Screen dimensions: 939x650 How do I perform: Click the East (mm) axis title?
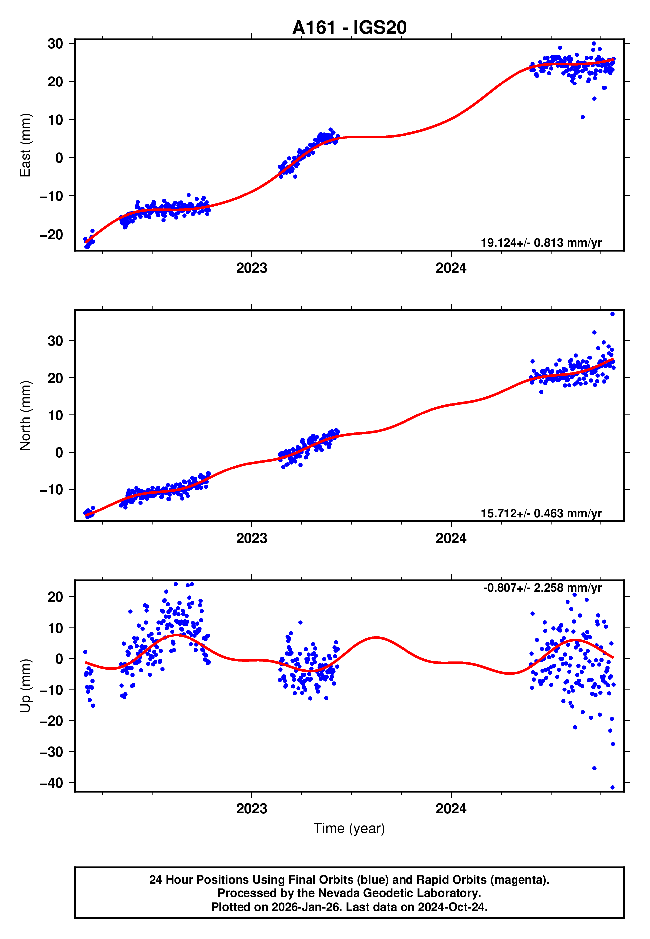click(x=25, y=145)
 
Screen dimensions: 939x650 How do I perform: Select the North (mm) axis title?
click(x=25, y=415)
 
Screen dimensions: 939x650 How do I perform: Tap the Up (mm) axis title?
click(x=25, y=686)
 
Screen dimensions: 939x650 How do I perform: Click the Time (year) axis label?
click(x=349, y=828)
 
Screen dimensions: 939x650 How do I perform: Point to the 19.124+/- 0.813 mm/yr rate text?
click(x=541, y=243)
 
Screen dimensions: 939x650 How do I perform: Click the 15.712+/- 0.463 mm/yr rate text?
click(x=541, y=513)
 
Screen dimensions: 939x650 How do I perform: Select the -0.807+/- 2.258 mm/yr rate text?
click(x=542, y=588)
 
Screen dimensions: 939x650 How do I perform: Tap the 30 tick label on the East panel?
click(x=55, y=43)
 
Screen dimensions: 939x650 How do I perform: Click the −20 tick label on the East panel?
click(x=51, y=234)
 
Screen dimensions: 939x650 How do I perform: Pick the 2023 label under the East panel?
click(x=252, y=268)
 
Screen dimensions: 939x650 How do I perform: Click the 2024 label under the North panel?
click(x=451, y=538)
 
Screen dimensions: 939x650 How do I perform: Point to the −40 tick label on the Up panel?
click(x=51, y=783)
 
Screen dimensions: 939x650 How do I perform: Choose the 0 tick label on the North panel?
click(x=59, y=452)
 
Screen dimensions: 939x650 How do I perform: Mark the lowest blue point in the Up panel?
click(x=613, y=787)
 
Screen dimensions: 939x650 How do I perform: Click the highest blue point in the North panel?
click(x=613, y=314)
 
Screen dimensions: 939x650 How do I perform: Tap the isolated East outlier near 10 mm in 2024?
click(x=583, y=117)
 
